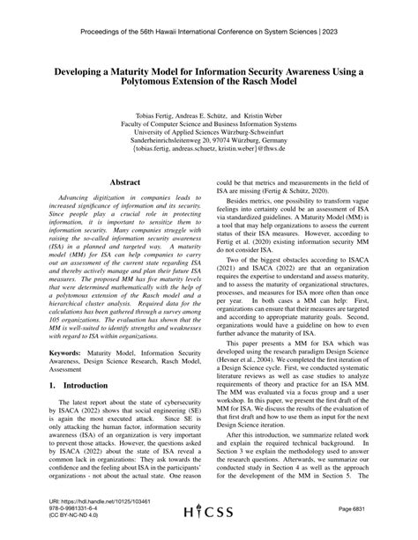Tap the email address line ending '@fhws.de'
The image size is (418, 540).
[x=209, y=148]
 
